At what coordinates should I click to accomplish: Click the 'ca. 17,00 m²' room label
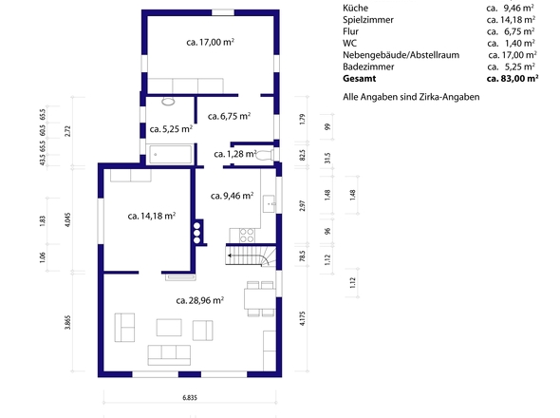pos(210,42)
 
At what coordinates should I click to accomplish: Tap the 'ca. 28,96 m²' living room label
pos(200,300)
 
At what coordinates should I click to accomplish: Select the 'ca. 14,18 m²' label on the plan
pos(152,216)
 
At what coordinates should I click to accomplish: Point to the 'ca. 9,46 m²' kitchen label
pos(233,196)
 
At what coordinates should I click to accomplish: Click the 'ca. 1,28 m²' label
pos(235,154)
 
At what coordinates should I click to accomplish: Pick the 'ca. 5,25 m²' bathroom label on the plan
pos(171,129)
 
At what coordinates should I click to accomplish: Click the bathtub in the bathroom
pos(170,155)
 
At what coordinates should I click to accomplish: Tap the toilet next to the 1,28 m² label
pos(265,155)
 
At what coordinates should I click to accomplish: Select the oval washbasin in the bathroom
pos(168,102)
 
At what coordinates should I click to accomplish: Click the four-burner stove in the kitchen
pos(247,236)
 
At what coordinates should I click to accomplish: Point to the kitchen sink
pos(269,204)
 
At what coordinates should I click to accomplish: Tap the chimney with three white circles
pos(197,233)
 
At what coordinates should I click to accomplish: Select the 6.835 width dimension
pos(190,398)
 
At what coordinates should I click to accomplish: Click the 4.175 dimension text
pos(303,318)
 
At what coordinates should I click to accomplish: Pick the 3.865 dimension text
pos(67,323)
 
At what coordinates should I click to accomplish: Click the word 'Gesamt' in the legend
pos(360,79)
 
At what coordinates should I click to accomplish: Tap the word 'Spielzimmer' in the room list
pos(368,20)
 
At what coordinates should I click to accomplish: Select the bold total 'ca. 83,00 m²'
pos(513,79)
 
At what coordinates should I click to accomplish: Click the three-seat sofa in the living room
pos(169,355)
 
